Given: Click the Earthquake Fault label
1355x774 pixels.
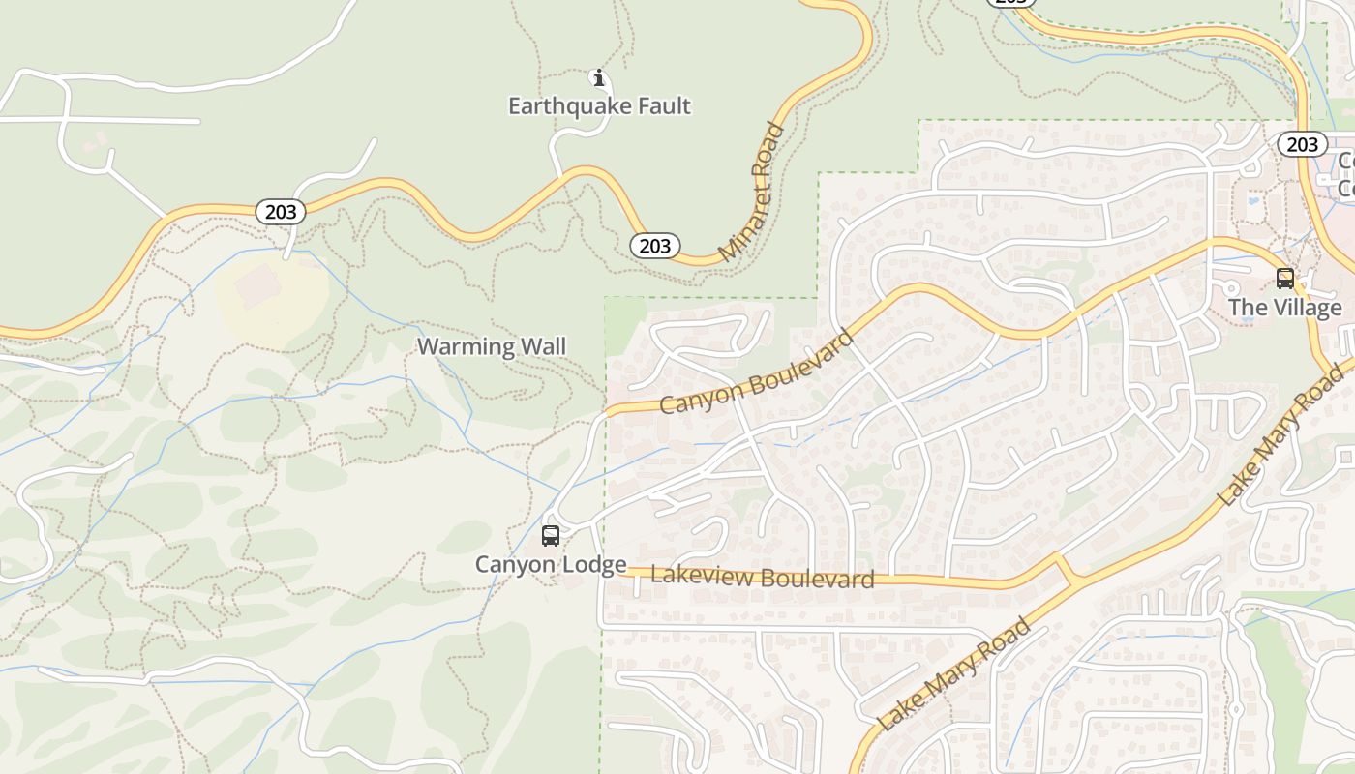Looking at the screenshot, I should pyautogui.click(x=599, y=105).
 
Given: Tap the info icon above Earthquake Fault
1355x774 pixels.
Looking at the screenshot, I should pyautogui.click(x=599, y=77).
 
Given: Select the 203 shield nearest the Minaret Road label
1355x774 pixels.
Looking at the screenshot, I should pyautogui.click(x=655, y=246).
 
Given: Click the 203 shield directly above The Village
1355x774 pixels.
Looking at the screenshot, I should pyautogui.click(x=1302, y=144).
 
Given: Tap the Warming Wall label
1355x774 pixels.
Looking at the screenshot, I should pyautogui.click(x=492, y=346).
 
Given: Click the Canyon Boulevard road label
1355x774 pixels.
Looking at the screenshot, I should pyautogui.click(x=757, y=372).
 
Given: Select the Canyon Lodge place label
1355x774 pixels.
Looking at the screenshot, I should pyautogui.click(x=551, y=564).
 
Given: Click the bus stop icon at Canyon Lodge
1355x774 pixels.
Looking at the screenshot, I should pyautogui.click(x=551, y=535).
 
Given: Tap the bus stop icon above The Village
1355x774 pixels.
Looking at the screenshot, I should pyautogui.click(x=1285, y=279).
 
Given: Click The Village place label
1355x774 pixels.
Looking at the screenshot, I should pyautogui.click(x=1285, y=308).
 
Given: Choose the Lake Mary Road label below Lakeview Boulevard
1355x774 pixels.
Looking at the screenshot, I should pyautogui.click(x=953, y=675).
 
